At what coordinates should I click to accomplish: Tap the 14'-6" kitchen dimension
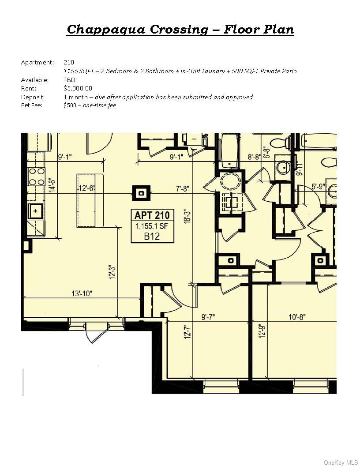(52, 182)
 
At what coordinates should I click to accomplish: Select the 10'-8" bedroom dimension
(296, 316)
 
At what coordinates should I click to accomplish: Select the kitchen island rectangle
(90, 201)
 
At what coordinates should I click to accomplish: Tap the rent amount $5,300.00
(78, 88)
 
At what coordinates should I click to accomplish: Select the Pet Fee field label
(31, 105)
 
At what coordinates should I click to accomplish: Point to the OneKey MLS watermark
(341, 462)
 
